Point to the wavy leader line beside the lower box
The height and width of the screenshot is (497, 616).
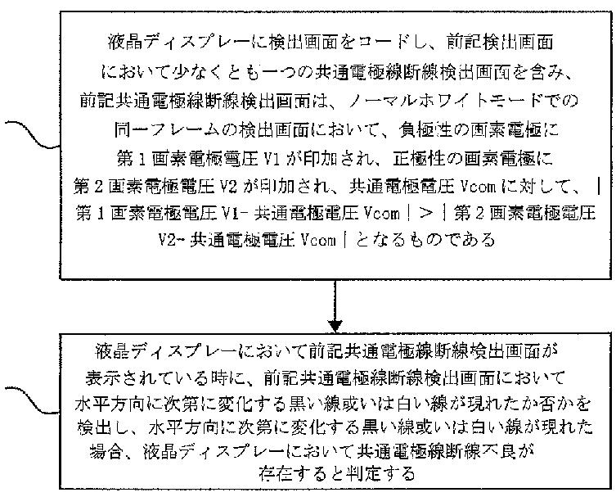tap(32, 400)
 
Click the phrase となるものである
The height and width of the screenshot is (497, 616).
tap(425, 239)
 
